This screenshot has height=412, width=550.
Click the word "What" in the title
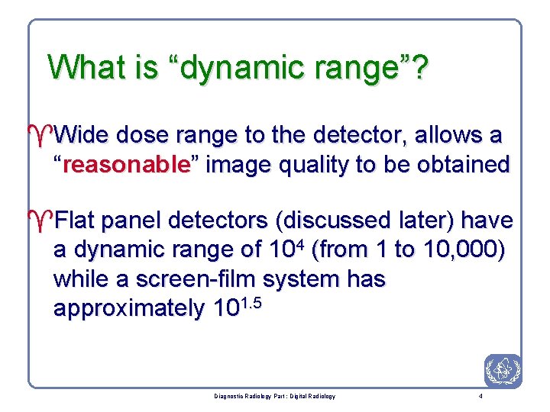pos(83,67)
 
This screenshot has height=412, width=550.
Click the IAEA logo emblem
pos(503,372)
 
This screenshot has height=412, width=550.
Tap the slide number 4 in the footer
pos(479,397)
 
